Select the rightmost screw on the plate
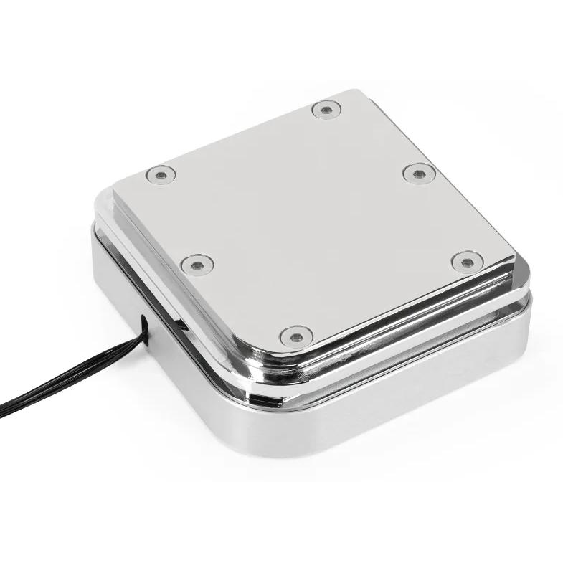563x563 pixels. pos(467,262)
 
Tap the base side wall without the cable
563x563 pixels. pos(402,416)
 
